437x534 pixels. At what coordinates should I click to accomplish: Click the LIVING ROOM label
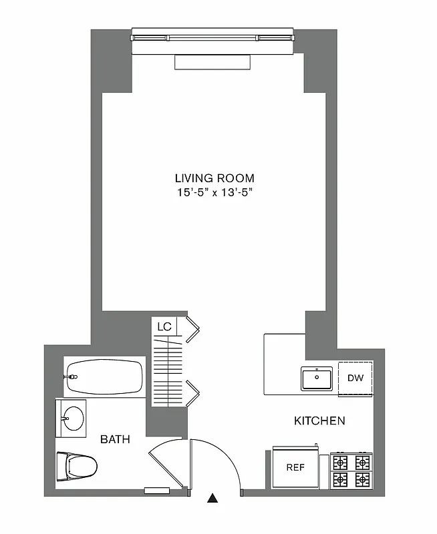point(214,178)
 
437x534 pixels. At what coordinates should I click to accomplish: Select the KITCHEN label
point(319,421)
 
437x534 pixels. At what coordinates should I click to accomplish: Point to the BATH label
point(115,439)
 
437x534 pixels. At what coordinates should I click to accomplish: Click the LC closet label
point(164,327)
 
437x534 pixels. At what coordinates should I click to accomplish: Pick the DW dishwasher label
point(355,378)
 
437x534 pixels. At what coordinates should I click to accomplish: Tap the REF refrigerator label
point(295,467)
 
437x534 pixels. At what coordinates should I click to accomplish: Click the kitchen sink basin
point(317,379)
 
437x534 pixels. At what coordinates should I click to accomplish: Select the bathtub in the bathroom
point(104,377)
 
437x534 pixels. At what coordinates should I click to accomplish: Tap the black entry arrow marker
point(213,497)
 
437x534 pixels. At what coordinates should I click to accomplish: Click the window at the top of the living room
point(212,37)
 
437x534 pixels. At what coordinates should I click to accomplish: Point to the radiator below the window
point(212,62)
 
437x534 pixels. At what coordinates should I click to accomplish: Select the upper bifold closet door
point(193,330)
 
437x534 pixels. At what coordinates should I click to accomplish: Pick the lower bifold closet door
point(193,392)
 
